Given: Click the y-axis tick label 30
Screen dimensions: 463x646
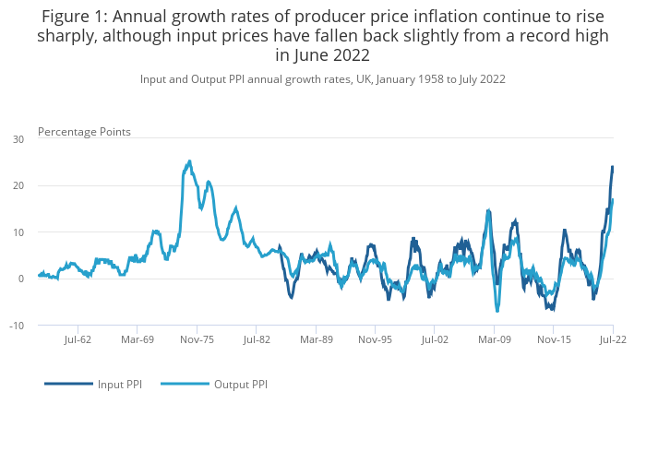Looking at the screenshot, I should (x=18, y=139).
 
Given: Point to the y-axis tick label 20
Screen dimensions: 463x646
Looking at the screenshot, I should (x=18, y=185).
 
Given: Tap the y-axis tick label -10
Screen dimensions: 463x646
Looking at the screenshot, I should (x=18, y=326).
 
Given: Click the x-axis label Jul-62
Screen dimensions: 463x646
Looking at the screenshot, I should (x=78, y=339).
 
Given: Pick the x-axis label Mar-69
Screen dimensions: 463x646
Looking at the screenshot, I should (x=137, y=339).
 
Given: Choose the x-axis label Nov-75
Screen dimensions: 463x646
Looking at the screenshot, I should (x=197, y=339).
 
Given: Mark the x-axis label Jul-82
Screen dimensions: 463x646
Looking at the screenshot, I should (x=257, y=339).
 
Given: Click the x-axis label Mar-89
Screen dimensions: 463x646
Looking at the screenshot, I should (x=316, y=339).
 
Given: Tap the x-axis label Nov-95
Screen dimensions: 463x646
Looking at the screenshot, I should (x=375, y=339).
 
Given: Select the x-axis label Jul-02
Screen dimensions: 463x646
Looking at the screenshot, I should (x=435, y=339).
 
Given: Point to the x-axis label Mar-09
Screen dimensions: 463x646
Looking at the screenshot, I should (x=494, y=339).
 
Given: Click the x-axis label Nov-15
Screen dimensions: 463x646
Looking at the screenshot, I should (x=554, y=339).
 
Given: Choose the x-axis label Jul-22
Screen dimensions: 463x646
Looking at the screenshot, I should (x=613, y=339).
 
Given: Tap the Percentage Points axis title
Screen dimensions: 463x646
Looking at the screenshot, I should (x=84, y=132).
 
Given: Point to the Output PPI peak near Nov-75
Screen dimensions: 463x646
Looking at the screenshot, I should (x=189, y=161).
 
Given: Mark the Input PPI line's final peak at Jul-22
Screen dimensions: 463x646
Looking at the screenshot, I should (x=612, y=167).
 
